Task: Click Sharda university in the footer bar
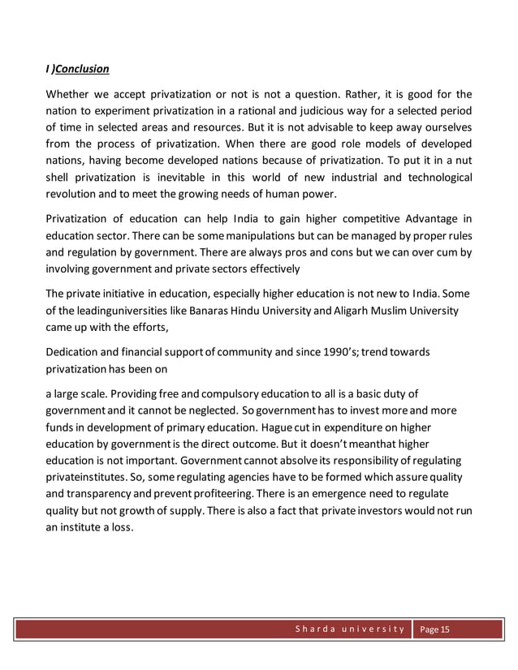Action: (x=352, y=629)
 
